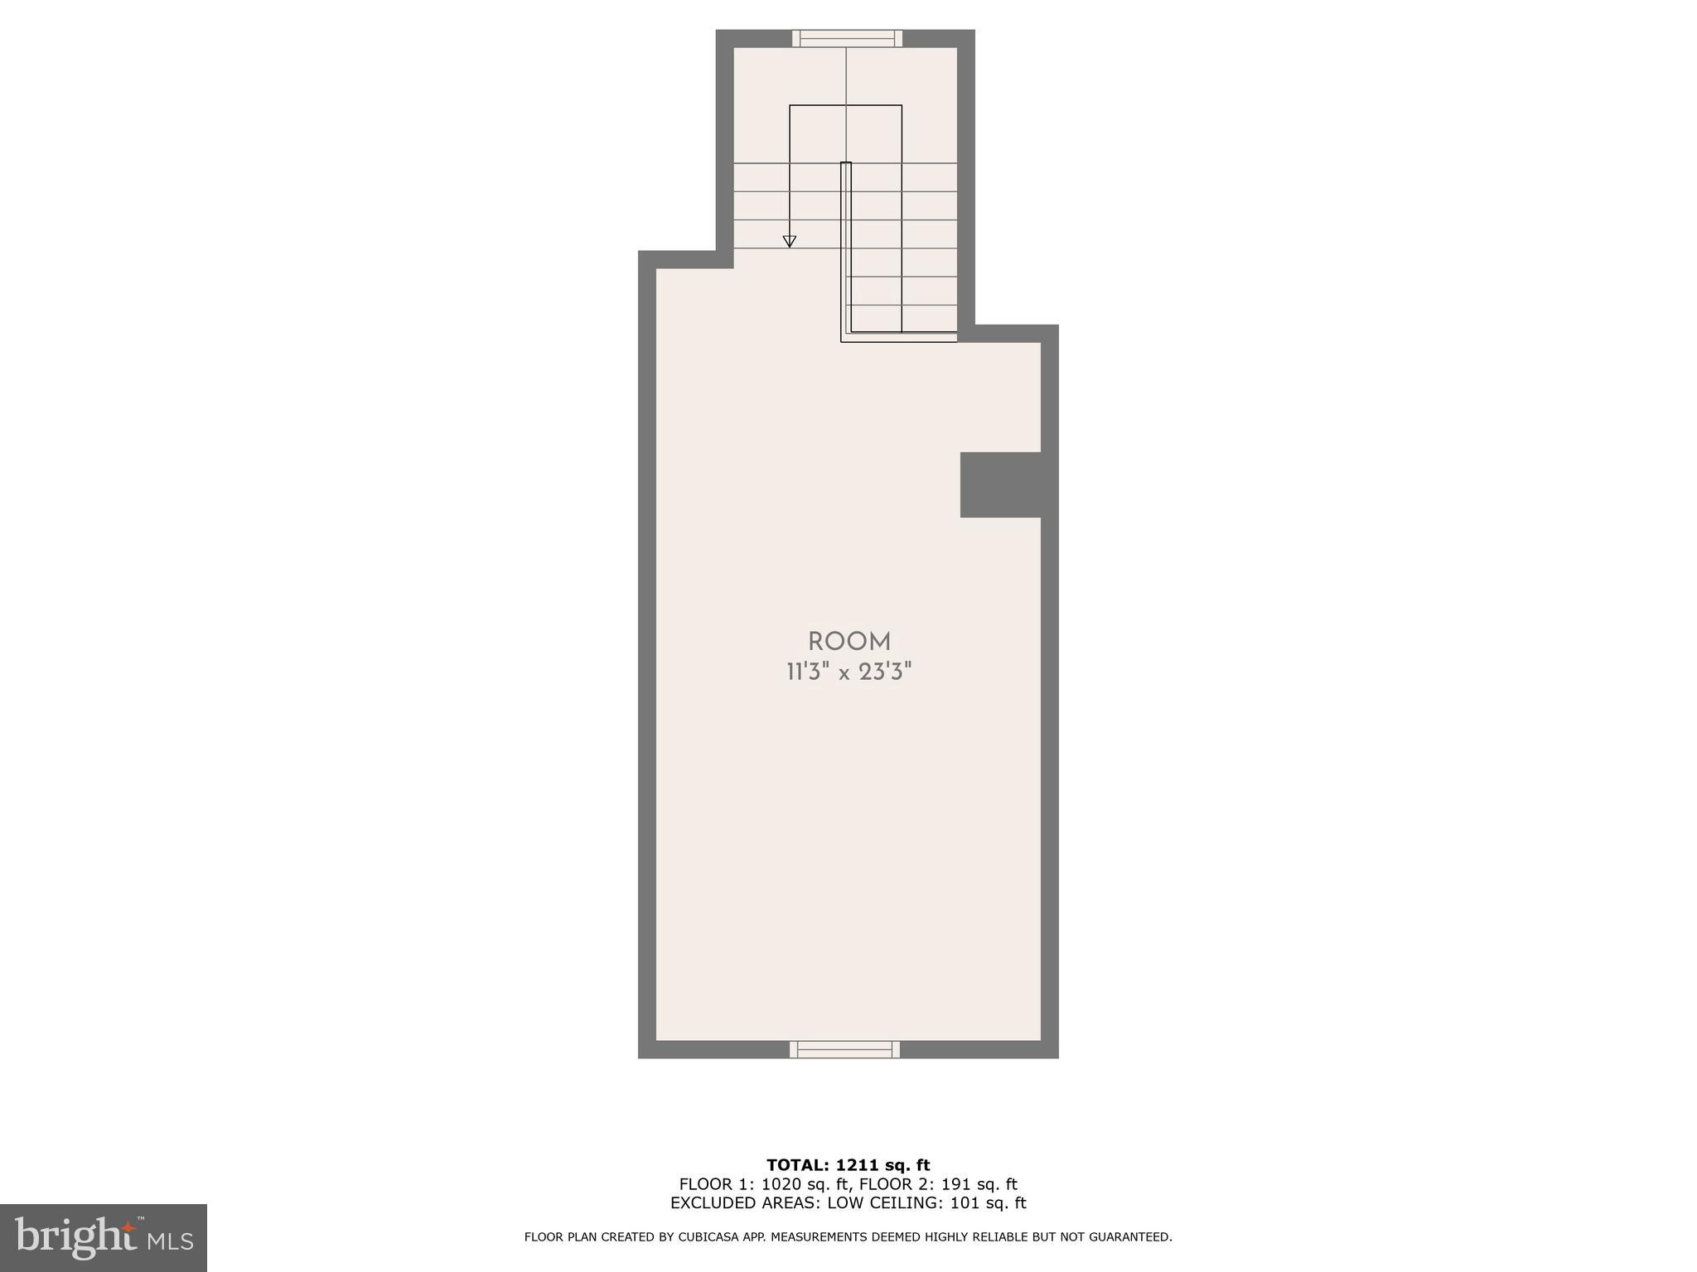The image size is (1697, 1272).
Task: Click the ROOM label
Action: click(x=848, y=642)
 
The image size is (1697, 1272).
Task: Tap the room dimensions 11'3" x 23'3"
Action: click(x=848, y=672)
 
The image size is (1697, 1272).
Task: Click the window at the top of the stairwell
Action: click(x=846, y=38)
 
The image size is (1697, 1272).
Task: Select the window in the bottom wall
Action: click(x=844, y=1049)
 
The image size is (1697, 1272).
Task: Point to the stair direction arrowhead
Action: click(x=790, y=241)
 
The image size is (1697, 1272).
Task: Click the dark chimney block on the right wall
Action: click(x=1000, y=484)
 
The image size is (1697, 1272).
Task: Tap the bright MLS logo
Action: click(x=103, y=1237)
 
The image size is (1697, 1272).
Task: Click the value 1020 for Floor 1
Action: click(x=778, y=1184)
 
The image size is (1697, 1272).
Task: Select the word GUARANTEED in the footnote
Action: click(x=1133, y=1237)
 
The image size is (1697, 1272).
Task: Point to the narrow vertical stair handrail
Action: click(x=846, y=248)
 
